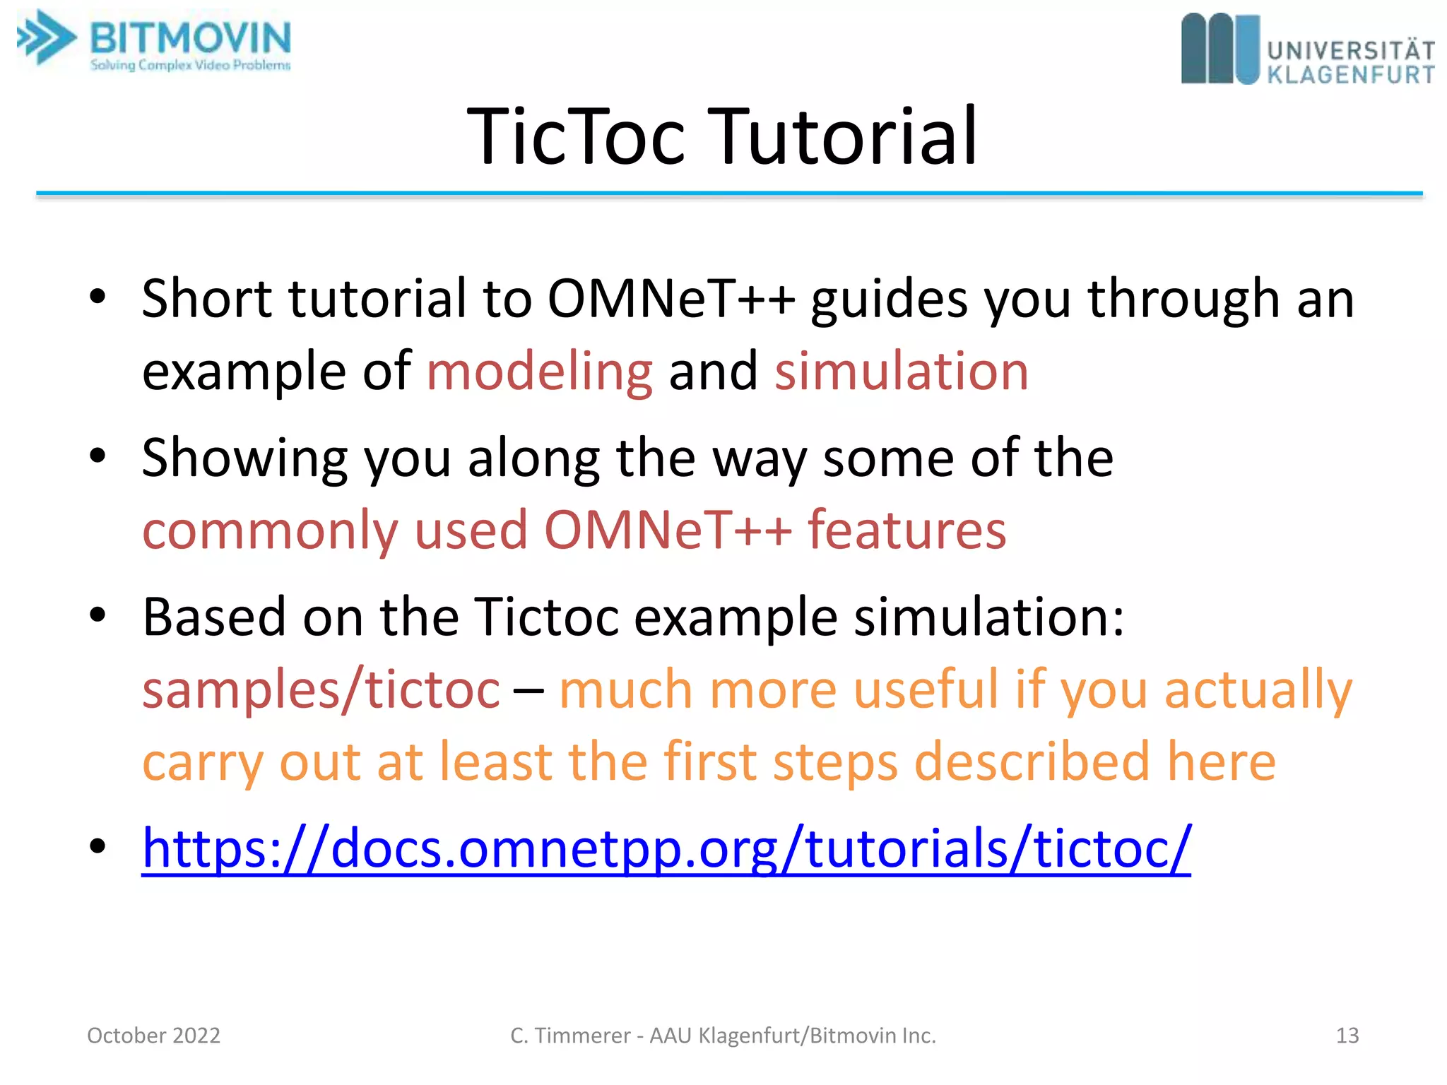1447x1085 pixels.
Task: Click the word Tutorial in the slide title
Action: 848,136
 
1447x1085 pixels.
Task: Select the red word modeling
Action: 540,372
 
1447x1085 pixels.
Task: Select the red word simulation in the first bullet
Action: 902,372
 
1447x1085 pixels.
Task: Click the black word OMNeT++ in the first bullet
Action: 671,299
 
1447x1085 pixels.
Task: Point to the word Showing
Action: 244,458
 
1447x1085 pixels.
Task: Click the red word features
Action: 907,530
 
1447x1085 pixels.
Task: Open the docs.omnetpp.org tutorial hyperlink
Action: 666,848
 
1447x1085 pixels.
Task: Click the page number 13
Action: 1347,1036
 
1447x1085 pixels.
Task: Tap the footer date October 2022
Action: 153,1036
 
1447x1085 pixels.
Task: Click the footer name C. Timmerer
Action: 569,1036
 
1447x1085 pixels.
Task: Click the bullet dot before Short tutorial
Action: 98,297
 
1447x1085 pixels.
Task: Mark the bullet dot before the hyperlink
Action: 98,846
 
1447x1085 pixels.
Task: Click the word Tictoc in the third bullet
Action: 546,617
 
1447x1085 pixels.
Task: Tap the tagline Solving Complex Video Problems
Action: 191,65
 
